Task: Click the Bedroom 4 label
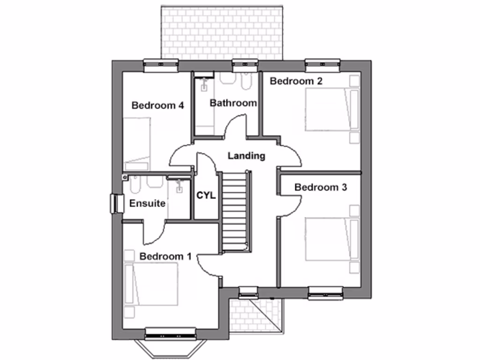point(157,105)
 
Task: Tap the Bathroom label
point(233,103)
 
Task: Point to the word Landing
point(247,156)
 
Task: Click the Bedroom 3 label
point(321,187)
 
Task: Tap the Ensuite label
point(147,203)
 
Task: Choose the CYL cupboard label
point(206,195)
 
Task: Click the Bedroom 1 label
point(165,256)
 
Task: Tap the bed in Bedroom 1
point(152,284)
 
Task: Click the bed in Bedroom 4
point(137,141)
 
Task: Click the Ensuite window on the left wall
point(114,203)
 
